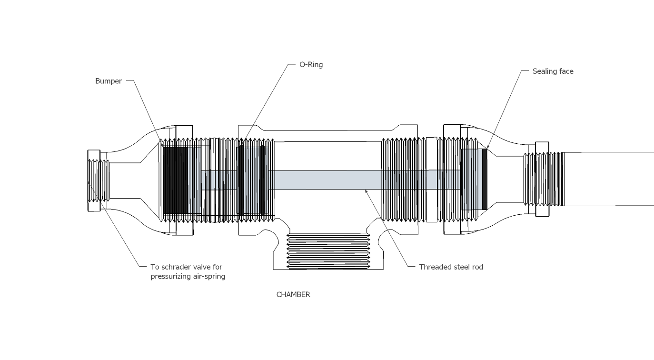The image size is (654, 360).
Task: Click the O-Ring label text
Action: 311,65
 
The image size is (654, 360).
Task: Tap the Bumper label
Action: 109,81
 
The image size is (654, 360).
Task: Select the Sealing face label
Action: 553,71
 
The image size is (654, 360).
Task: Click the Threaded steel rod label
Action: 451,267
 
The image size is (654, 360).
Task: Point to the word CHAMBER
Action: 293,295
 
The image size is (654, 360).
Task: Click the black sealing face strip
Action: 485,179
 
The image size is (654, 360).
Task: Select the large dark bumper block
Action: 175,180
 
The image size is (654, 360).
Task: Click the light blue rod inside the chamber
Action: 328,180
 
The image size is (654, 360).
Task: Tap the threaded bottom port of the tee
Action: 328,251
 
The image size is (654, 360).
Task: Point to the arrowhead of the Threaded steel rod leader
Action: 366,191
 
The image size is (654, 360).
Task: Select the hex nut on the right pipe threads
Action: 542,179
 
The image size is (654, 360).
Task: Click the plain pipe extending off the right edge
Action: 609,179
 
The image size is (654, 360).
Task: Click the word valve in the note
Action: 201,267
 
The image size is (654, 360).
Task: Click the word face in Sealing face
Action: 565,71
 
